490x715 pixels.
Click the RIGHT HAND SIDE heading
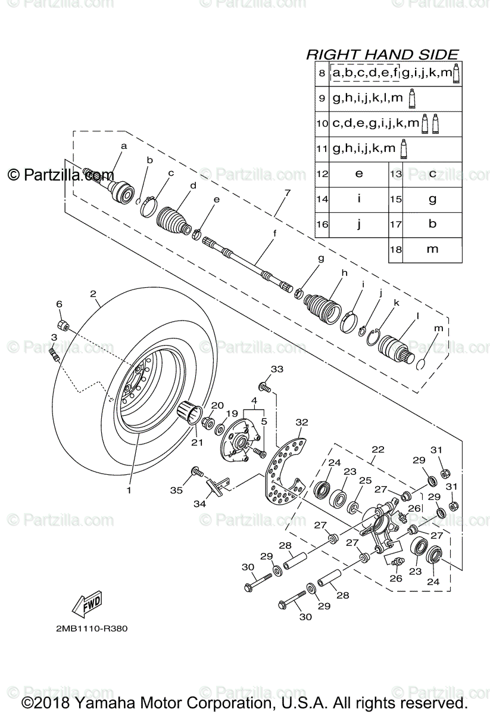coord(382,55)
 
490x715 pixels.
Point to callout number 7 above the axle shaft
coord(287,192)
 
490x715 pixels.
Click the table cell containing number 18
coord(395,249)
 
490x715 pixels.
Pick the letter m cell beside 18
coord(432,249)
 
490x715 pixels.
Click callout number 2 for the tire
coord(93,293)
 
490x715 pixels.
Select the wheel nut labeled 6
coord(63,325)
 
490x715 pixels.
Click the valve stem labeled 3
coord(54,356)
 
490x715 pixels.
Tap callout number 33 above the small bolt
coord(277,369)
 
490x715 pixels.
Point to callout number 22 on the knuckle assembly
coord(377,450)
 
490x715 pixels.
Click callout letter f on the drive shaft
coord(274,233)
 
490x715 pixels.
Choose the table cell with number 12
coord(322,174)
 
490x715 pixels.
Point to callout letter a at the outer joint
coord(124,145)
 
